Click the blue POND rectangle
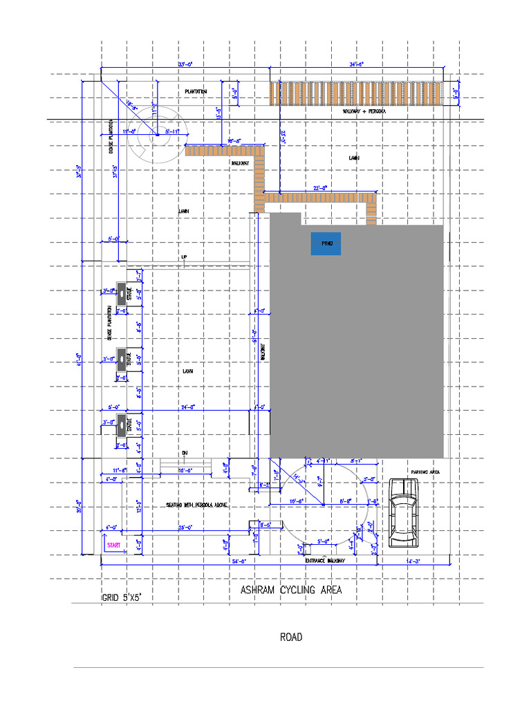pyautogui.click(x=326, y=244)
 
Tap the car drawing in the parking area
pyautogui.click(x=403, y=512)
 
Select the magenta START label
pyautogui.click(x=113, y=546)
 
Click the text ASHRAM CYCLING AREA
pyautogui.click(x=290, y=590)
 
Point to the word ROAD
pyautogui.click(x=290, y=637)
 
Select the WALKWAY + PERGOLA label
pyautogui.click(x=364, y=111)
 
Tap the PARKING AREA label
pyautogui.click(x=425, y=472)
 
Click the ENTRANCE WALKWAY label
pyautogui.click(x=325, y=561)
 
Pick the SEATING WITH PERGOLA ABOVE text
pyautogui.click(x=196, y=505)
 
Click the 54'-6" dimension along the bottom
pyautogui.click(x=239, y=561)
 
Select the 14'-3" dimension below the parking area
pyautogui.click(x=413, y=561)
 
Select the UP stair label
pyautogui.click(x=184, y=258)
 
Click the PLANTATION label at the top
pyautogui.click(x=196, y=91)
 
